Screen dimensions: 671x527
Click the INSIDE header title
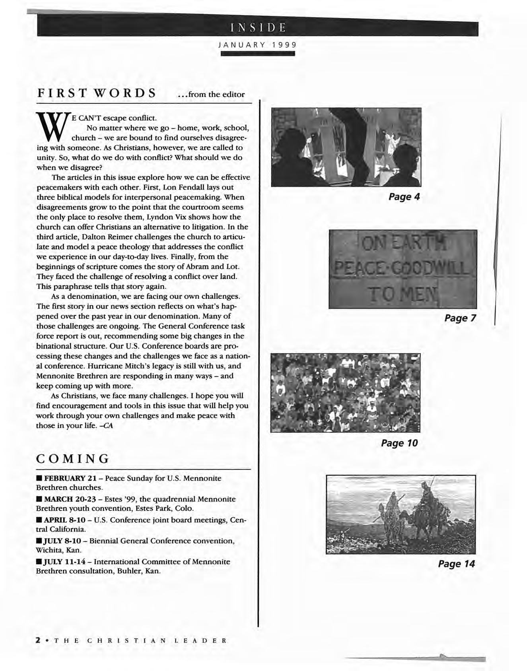(258, 28)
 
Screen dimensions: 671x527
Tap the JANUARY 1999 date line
(258, 45)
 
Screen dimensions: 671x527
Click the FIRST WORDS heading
(96, 93)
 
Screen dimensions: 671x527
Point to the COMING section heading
(72, 459)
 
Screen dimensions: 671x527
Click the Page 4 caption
(404, 197)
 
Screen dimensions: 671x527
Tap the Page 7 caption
(460, 318)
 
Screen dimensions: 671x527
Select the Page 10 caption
(399, 443)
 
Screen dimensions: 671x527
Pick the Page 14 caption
(456, 564)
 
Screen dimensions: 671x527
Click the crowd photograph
(345, 392)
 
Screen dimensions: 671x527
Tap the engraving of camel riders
(401, 514)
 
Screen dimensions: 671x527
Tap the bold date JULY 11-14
(64, 562)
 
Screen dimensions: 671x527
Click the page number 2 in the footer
(38, 640)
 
